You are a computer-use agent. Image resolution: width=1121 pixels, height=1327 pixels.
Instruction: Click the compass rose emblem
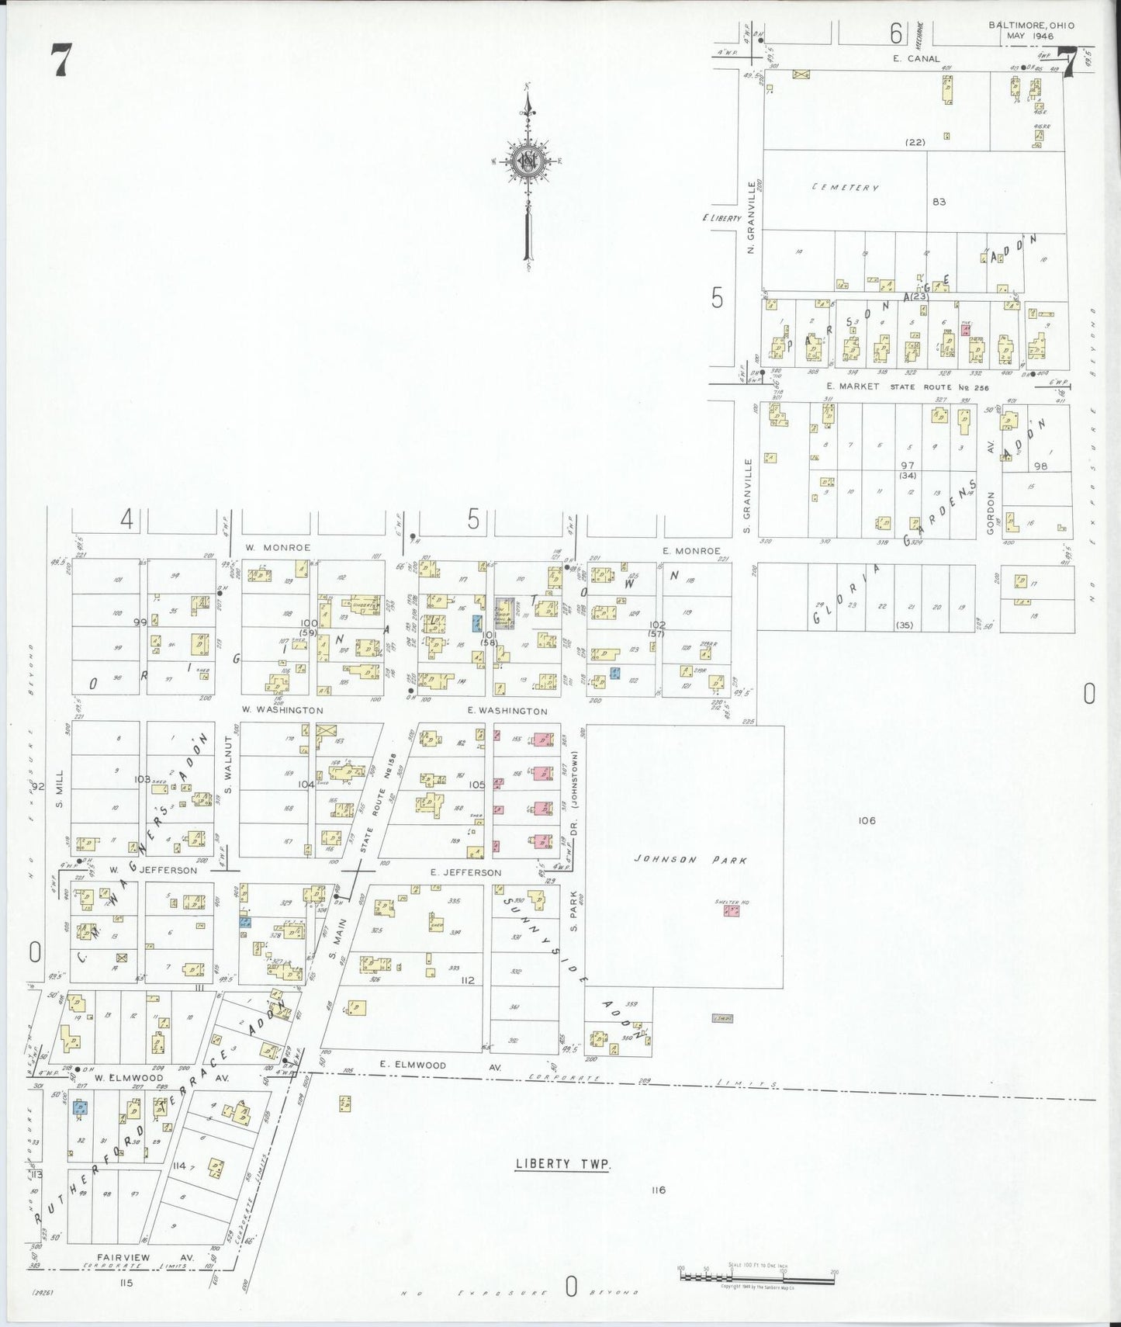(x=527, y=162)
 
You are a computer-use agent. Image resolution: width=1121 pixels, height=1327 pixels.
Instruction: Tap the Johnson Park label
(x=690, y=860)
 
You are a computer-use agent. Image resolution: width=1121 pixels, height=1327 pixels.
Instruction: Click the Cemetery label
(x=845, y=188)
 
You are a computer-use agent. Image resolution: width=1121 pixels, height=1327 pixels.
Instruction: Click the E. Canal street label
(x=915, y=58)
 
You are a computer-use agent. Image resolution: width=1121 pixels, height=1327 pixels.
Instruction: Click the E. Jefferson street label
(x=465, y=873)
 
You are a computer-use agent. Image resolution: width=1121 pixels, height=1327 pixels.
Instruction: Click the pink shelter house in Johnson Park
(x=730, y=910)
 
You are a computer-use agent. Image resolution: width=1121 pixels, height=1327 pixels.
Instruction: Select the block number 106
(x=867, y=820)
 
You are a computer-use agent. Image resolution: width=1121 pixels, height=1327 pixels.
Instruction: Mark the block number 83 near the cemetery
(x=939, y=202)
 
